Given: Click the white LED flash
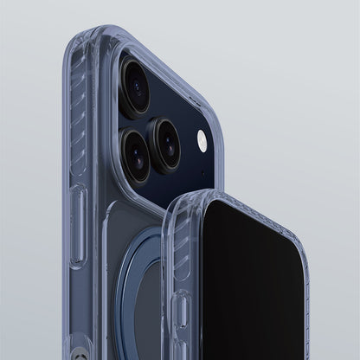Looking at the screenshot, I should tap(201, 138).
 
